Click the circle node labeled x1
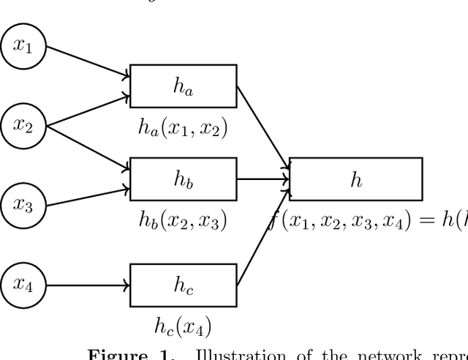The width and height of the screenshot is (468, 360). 24,47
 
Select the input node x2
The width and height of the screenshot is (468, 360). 24,126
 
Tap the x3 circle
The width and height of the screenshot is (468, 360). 24,206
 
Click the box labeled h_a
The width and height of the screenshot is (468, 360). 183,86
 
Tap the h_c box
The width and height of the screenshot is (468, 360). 183,285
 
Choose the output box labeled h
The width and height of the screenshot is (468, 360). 355,179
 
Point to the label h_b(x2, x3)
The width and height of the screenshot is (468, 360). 183,220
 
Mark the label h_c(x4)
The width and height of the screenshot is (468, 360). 183,325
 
